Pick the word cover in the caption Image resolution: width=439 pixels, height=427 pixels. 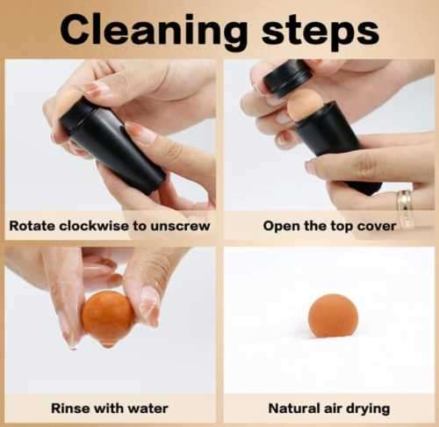point(375,226)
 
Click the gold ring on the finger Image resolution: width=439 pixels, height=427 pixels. point(405,207)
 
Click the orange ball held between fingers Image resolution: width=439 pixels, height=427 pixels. point(106,317)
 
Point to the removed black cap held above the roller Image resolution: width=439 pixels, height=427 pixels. point(287,76)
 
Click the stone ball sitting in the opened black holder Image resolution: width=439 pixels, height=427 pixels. point(304,104)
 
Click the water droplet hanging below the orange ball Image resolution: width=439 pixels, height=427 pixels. point(107,344)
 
